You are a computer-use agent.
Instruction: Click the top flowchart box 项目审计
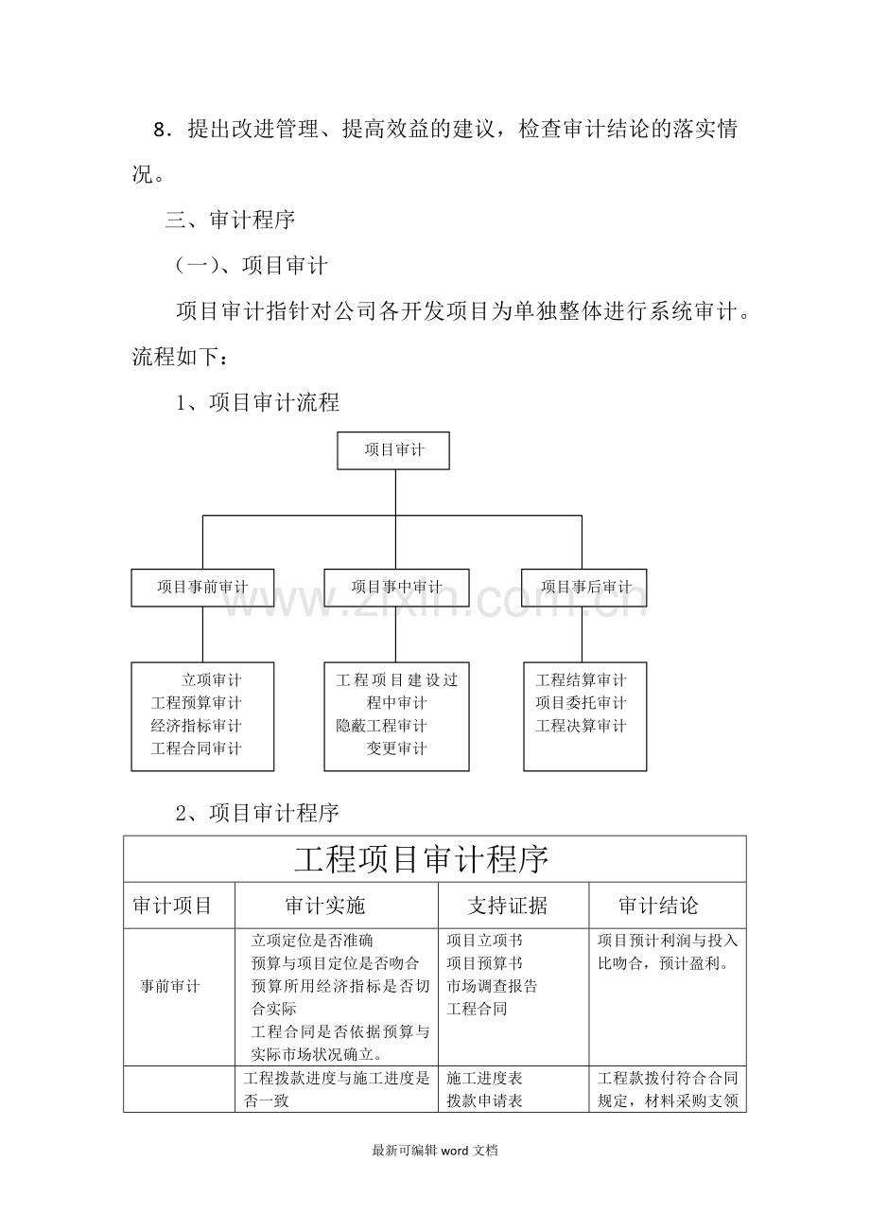pyautogui.click(x=394, y=450)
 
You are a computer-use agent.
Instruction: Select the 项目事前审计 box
pyautogui.click(x=202, y=588)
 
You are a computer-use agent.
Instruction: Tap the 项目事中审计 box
pyautogui.click(x=396, y=588)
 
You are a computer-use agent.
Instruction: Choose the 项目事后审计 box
pyautogui.click(x=585, y=588)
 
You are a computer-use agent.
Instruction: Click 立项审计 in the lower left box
pyautogui.click(x=212, y=680)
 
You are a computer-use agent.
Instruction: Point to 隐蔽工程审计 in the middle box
pyautogui.click(x=381, y=726)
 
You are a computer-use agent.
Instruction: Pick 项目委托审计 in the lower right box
pyautogui.click(x=581, y=703)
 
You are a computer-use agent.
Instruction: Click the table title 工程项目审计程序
pyautogui.click(x=422, y=860)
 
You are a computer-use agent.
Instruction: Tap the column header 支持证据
pyautogui.click(x=507, y=906)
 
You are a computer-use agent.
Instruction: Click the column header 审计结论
pyautogui.click(x=658, y=906)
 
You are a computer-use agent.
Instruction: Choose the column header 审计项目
pyautogui.click(x=172, y=906)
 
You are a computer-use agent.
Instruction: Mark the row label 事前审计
pyautogui.click(x=170, y=987)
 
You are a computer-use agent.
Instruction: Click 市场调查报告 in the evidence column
pyautogui.click(x=492, y=986)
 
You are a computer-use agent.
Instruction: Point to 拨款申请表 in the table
pyautogui.click(x=484, y=1100)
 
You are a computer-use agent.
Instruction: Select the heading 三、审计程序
pyautogui.click(x=230, y=220)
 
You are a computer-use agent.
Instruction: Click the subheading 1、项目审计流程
pyautogui.click(x=257, y=403)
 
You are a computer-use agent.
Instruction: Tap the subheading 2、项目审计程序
pyautogui.click(x=257, y=812)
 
